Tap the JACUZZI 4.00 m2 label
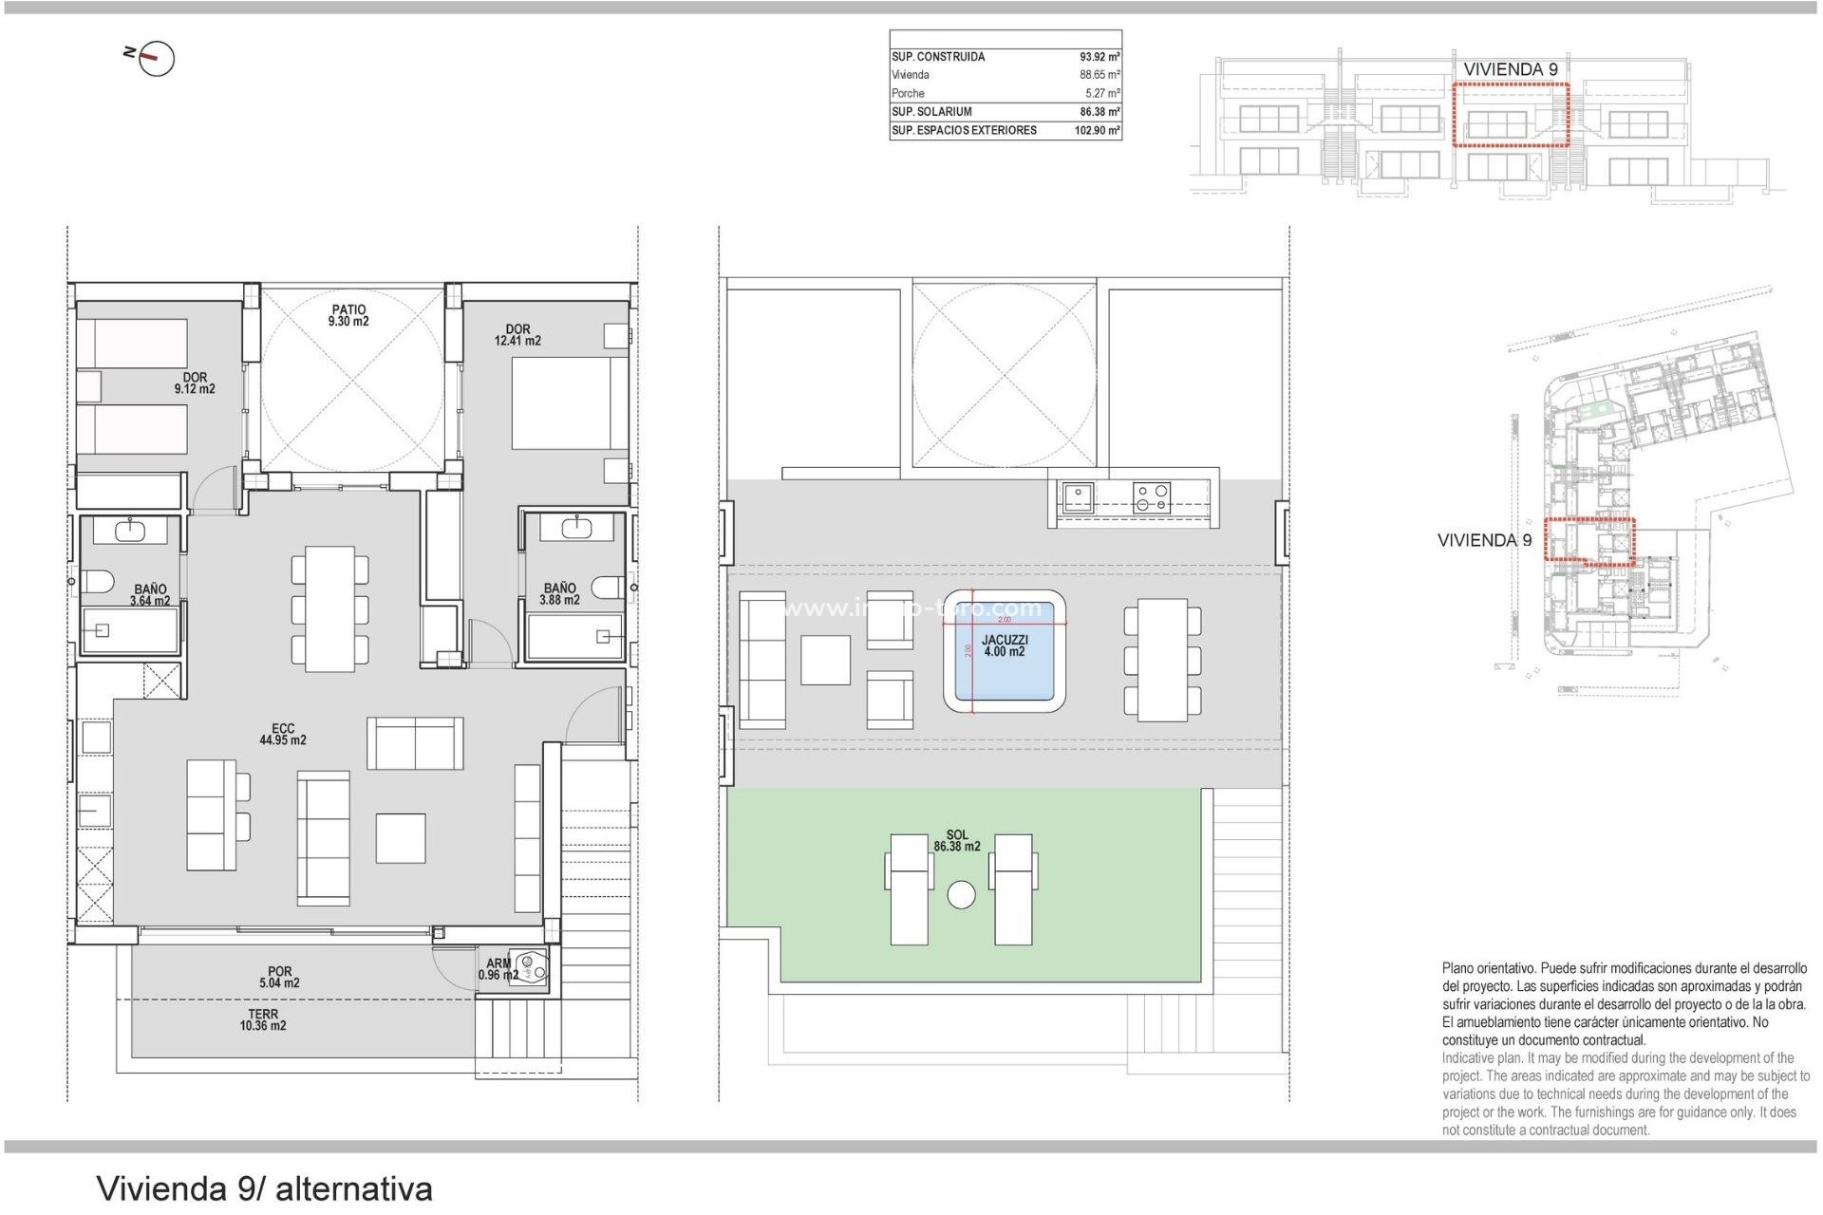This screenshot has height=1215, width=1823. pyautogui.click(x=1004, y=646)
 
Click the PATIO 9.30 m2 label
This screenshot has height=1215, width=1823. pyautogui.click(x=348, y=315)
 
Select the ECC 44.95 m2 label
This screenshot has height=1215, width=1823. pyautogui.click(x=283, y=735)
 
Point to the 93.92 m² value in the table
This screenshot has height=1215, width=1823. pyautogui.click(x=1099, y=57)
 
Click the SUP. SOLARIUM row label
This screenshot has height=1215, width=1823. pyautogui.click(x=931, y=112)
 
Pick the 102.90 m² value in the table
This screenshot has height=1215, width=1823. pyautogui.click(x=1097, y=131)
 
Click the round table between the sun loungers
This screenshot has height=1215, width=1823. pyautogui.click(x=961, y=895)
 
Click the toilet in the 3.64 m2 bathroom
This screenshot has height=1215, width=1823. pyautogui.click(x=96, y=581)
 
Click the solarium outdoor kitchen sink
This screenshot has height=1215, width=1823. pyautogui.click(x=1078, y=497)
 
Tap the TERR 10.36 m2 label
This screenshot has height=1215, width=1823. pyautogui.click(x=263, y=1020)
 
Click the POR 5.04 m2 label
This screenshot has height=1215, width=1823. pyautogui.click(x=279, y=978)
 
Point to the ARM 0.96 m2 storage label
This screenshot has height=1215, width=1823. pyautogui.click(x=498, y=969)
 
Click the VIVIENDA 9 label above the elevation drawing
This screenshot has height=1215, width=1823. pyautogui.click(x=1510, y=69)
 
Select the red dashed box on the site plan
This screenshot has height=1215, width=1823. pyautogui.click(x=1589, y=541)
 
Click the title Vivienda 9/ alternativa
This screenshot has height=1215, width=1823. pyautogui.click(x=265, y=1188)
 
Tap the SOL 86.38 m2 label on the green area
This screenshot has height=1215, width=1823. pyautogui.click(x=956, y=841)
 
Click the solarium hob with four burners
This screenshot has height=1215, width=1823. pyautogui.click(x=1151, y=498)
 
